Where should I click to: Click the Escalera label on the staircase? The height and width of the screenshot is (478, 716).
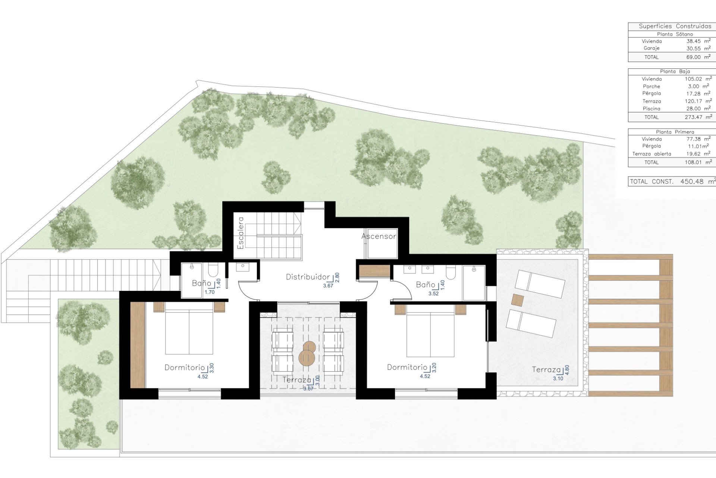pos(241,233)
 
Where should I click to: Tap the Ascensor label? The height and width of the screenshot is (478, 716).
pos(379,236)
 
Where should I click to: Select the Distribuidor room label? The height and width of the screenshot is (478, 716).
pos(308,277)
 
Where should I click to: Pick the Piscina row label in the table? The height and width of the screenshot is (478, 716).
pos(651,109)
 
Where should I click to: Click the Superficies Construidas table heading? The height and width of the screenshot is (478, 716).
pos(675,26)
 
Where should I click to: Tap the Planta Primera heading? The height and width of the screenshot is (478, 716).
pos(675,132)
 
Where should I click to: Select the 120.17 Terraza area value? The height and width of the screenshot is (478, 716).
pos(693,101)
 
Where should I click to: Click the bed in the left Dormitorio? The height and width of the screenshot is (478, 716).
pos(189,329)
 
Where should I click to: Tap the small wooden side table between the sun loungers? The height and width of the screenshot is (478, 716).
pos(518,300)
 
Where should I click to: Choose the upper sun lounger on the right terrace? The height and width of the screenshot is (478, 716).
pos(540,284)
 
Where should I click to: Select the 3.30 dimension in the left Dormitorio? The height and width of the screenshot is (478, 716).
pos(212,368)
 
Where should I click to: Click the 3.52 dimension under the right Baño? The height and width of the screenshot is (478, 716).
pos(433,294)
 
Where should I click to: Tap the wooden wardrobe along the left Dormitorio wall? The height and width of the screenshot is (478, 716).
pos(138,345)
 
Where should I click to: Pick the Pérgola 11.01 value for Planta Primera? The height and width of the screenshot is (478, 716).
pos(697,146)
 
